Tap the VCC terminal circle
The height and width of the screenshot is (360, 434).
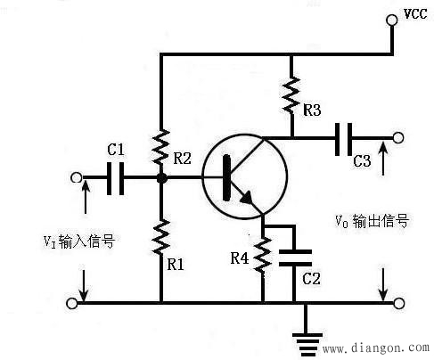click(x=392, y=20)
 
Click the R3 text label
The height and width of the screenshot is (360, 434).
click(x=312, y=111)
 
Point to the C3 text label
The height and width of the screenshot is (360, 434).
click(x=361, y=162)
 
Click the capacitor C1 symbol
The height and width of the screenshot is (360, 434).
click(x=114, y=178)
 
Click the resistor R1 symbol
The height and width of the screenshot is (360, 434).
click(x=161, y=237)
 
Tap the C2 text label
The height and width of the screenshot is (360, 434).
click(x=311, y=279)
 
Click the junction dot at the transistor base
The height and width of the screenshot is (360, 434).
click(x=161, y=178)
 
